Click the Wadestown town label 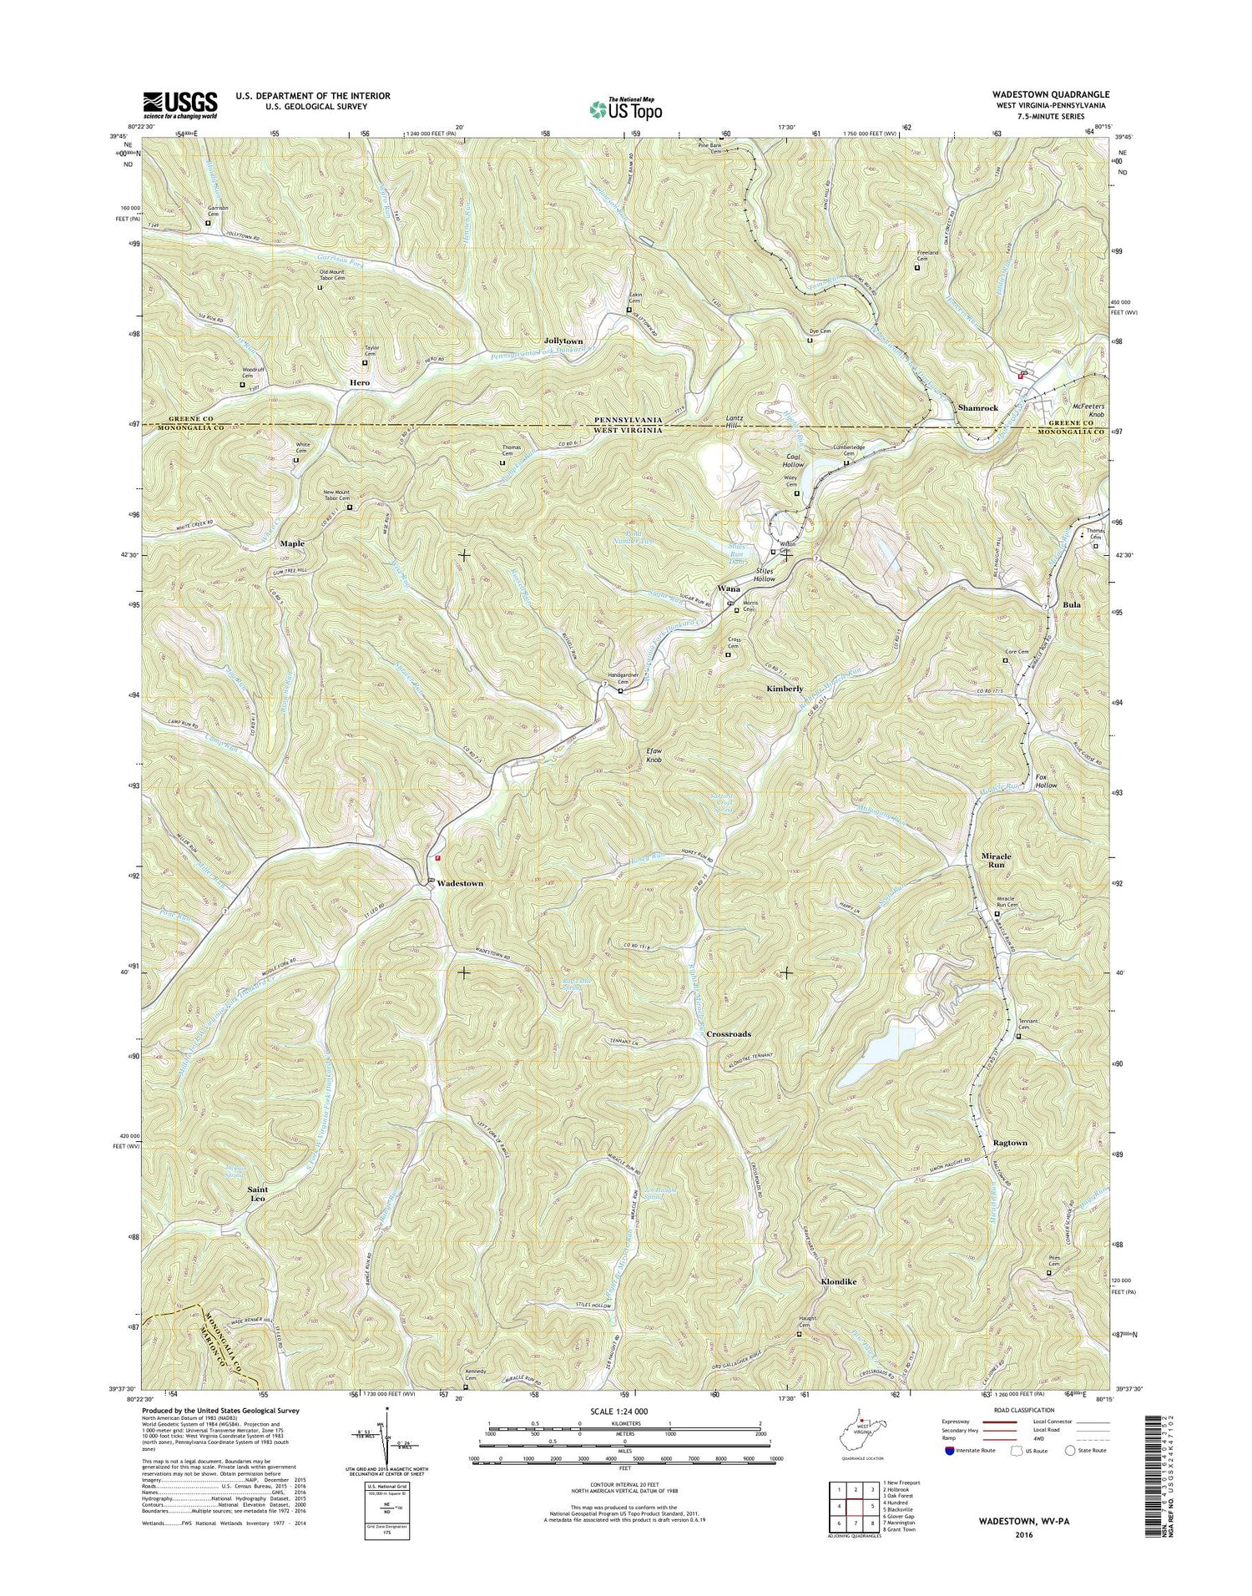[x=460, y=883]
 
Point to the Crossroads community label [x=729, y=1033]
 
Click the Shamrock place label [x=977, y=407]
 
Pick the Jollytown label [x=563, y=341]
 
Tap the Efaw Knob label [x=659, y=755]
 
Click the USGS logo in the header [x=180, y=104]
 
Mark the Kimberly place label [x=785, y=689]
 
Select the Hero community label [x=360, y=382]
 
